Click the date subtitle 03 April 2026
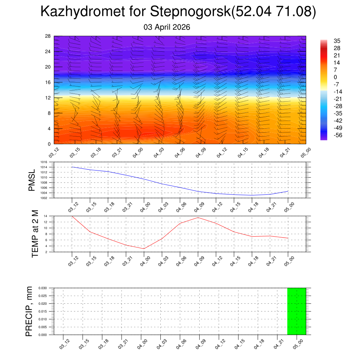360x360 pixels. coord(167,27)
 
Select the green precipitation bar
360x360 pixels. coord(296,311)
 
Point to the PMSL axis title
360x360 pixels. coord(32,180)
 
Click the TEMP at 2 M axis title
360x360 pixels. coord(35,234)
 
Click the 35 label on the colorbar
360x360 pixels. coord(336,41)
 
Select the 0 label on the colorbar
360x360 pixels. coord(335,77)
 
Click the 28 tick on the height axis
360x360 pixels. coord(47,36)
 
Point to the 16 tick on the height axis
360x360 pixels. coord(47,82)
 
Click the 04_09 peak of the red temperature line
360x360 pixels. coord(198,218)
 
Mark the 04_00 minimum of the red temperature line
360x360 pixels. coord(144,249)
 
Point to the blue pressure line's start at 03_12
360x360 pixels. coord(72,167)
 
